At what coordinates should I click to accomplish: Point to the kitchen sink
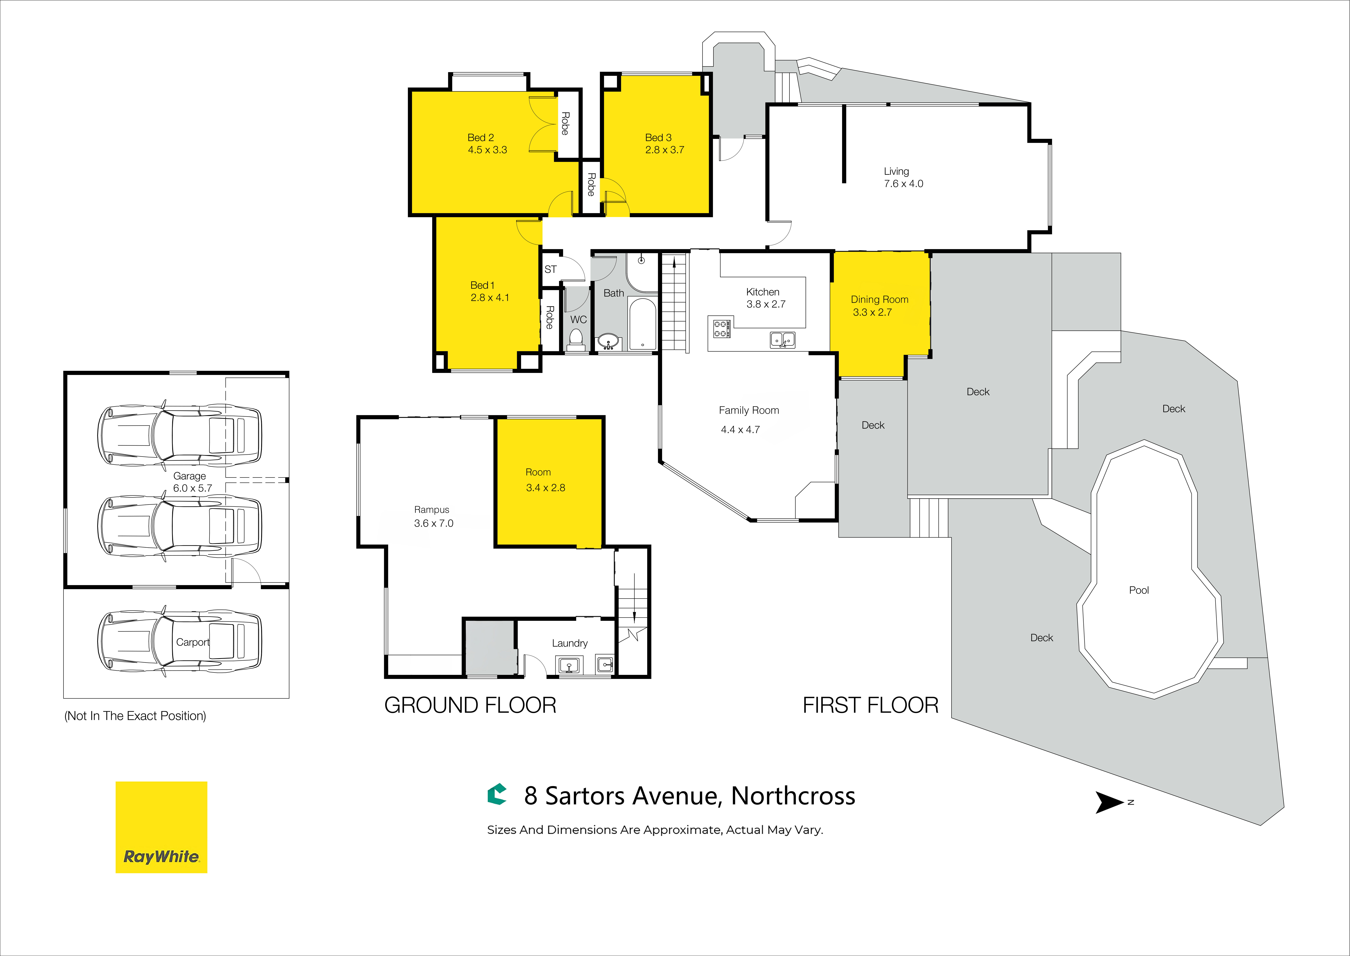pos(782,340)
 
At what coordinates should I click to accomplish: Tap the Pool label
pos(1139,590)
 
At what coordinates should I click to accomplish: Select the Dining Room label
pos(879,300)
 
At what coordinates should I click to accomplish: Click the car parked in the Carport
pos(180,642)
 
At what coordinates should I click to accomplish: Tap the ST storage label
pos(550,269)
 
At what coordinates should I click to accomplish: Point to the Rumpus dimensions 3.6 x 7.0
pos(433,523)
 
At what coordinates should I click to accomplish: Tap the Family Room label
pos(749,410)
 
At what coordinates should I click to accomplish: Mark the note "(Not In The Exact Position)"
pos(135,716)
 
